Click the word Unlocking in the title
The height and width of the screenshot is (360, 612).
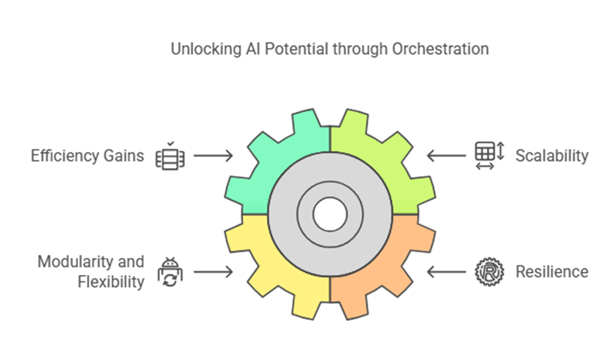(206, 50)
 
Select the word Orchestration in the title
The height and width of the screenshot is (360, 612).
(440, 49)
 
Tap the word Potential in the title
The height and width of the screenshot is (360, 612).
(296, 49)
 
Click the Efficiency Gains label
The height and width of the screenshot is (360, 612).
(88, 155)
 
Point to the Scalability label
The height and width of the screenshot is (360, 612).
(552, 155)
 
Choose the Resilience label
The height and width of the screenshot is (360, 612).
(552, 272)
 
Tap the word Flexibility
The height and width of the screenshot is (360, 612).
(111, 282)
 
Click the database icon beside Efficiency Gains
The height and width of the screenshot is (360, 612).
(170, 156)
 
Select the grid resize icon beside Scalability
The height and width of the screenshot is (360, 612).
(489, 155)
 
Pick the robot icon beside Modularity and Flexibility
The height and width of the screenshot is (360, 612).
(170, 272)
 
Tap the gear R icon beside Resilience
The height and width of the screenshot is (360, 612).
(489, 272)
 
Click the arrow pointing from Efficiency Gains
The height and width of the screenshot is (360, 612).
(213, 155)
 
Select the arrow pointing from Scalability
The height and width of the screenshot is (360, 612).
(446, 155)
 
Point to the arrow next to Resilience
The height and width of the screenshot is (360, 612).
(446, 272)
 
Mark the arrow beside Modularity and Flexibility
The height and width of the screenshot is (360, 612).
(213, 272)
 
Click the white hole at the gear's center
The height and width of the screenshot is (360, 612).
(330, 214)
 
